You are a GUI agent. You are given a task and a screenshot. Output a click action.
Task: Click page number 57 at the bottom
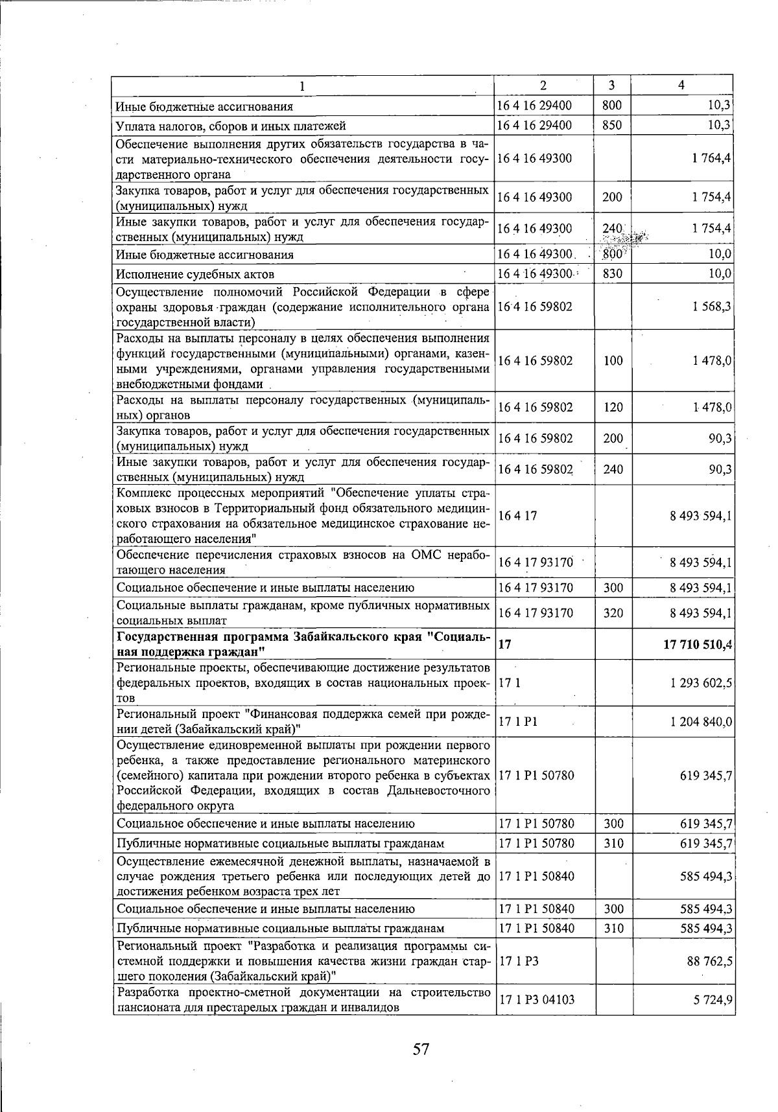(x=421, y=1048)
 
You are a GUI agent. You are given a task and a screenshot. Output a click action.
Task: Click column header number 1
(x=302, y=86)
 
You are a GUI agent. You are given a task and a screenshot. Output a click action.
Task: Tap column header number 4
(x=681, y=85)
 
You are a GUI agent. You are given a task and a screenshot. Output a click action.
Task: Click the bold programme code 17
(x=505, y=644)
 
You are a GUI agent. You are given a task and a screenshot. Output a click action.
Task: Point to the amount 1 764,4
(x=711, y=158)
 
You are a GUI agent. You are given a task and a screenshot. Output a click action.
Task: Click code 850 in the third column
(x=612, y=125)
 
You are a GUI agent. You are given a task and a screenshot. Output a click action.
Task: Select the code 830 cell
(x=612, y=274)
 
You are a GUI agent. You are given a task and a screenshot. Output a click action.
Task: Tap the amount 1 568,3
(x=711, y=307)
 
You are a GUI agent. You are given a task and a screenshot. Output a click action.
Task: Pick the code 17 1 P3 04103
(x=536, y=999)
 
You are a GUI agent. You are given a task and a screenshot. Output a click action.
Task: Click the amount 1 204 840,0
(x=701, y=722)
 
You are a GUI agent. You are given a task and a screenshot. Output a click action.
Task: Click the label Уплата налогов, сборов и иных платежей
(x=230, y=125)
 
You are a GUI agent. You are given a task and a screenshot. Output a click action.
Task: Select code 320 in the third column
(x=612, y=612)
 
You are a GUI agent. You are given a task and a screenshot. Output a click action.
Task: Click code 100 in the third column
(x=612, y=361)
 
